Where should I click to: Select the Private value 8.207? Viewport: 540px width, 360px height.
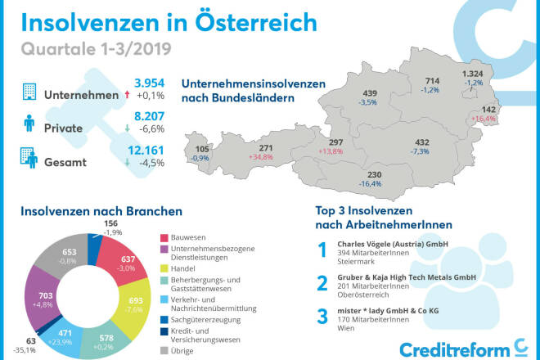click(x=150, y=117)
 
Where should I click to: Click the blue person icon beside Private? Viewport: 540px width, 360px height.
click(x=29, y=124)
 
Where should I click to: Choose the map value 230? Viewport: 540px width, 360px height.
click(x=374, y=175)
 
